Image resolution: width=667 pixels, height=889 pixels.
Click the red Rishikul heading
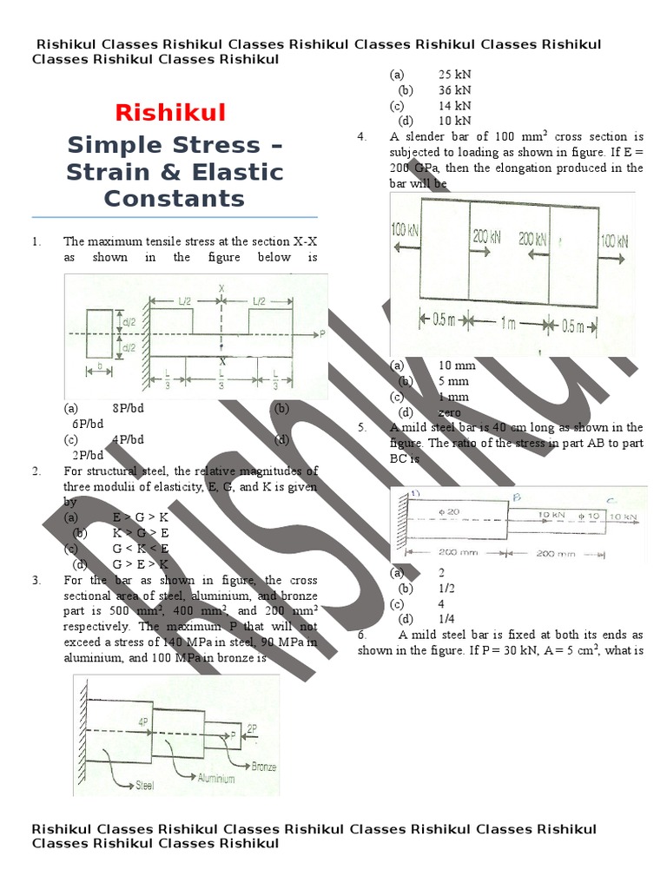171,112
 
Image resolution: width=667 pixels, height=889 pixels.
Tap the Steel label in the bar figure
143,786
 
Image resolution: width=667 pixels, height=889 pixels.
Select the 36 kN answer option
455,89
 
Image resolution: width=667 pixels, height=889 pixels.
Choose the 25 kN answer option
455,75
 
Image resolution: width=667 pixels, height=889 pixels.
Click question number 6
362,635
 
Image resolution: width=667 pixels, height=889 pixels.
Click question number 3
36,580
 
